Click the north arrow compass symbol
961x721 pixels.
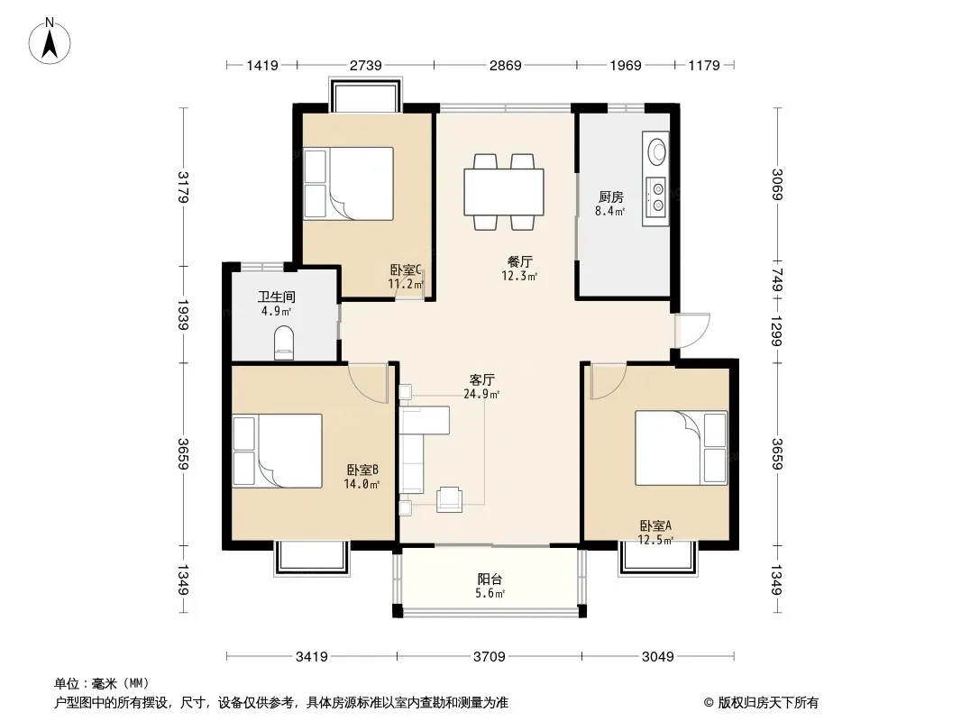click(x=50, y=41)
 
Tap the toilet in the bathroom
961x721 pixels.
click(x=284, y=342)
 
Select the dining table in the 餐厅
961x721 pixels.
click(x=504, y=192)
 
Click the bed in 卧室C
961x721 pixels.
click(x=349, y=183)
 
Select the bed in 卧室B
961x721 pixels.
click(x=278, y=451)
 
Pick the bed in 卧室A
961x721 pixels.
click(x=681, y=448)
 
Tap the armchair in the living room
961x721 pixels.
click(x=449, y=498)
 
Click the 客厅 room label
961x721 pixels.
click(x=481, y=379)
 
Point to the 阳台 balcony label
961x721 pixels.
click(x=490, y=579)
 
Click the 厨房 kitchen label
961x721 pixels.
click(x=611, y=196)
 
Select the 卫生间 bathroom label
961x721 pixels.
click(x=277, y=297)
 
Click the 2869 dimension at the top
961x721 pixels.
click(x=505, y=65)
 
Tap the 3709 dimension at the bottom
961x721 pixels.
click(x=490, y=657)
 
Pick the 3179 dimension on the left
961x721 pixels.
click(x=183, y=187)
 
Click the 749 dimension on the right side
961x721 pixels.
click(x=777, y=280)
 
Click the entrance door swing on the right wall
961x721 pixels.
click(x=692, y=331)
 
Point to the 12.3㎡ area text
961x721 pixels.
click(x=519, y=277)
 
